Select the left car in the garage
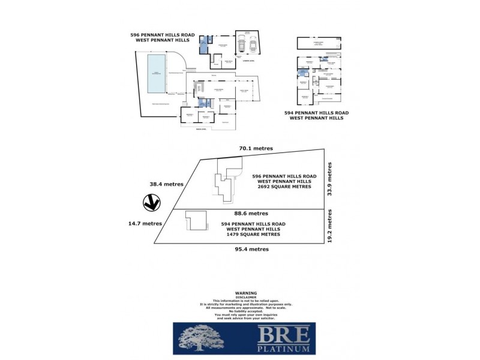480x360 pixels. tap(241, 45)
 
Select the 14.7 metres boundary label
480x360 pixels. tap(144, 223)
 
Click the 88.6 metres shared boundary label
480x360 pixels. tap(250, 213)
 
